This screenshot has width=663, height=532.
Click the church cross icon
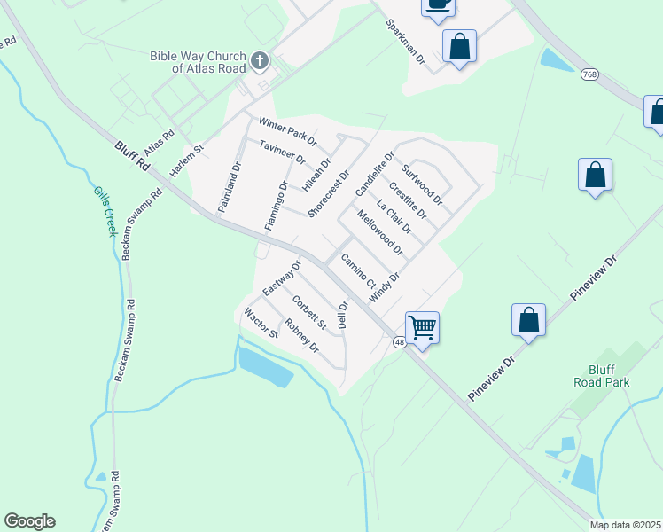[x=260, y=60]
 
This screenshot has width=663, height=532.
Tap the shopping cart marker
[x=423, y=327]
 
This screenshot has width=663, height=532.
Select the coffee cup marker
[x=438, y=4]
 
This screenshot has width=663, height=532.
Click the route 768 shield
[x=590, y=74]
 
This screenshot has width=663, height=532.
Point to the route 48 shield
[x=399, y=343]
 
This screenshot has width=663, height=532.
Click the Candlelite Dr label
[x=373, y=175]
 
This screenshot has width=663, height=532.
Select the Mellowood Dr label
[x=379, y=232]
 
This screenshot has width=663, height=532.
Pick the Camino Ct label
[x=359, y=270]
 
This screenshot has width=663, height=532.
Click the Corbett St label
[x=309, y=312]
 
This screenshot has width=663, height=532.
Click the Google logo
[x=29, y=521]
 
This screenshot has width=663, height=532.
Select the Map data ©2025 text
[x=625, y=525]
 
